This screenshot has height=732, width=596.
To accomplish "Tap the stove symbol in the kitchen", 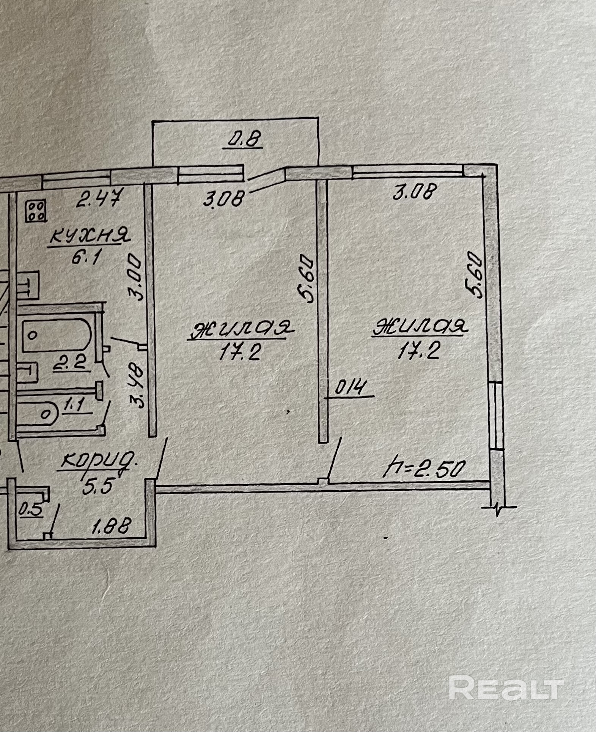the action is (36, 211).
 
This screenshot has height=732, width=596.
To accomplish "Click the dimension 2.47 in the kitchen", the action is (98, 199).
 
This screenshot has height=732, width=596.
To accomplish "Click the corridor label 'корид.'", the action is (99, 462).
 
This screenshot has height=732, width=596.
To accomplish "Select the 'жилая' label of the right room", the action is (420, 328).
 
